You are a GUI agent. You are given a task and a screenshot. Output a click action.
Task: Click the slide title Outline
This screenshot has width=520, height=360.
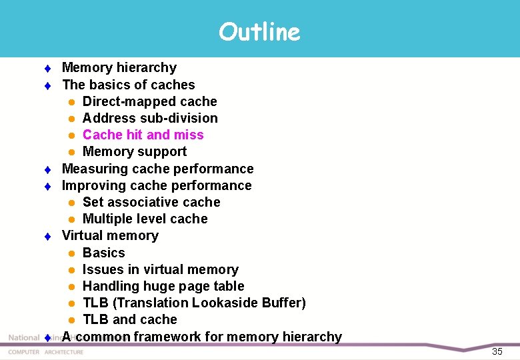click(259, 31)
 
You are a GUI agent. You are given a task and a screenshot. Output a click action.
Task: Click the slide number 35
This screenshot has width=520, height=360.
click(497, 351)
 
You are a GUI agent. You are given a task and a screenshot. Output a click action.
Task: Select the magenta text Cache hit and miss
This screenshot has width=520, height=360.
click(143, 135)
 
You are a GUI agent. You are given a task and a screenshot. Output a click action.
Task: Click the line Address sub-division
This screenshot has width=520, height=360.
click(149, 118)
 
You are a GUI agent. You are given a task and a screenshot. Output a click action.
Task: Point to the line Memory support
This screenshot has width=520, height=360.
click(134, 151)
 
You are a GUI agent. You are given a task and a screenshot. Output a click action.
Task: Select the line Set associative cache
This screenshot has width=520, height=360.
click(151, 202)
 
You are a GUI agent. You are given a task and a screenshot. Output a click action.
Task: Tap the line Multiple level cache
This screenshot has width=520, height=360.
click(145, 219)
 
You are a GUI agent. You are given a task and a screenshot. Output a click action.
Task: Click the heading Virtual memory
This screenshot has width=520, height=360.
click(110, 235)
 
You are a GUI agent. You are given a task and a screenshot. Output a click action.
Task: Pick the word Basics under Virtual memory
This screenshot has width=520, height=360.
click(103, 253)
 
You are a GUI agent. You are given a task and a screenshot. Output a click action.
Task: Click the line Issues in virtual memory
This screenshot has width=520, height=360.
click(160, 269)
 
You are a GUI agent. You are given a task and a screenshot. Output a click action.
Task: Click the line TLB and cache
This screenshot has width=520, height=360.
click(129, 319)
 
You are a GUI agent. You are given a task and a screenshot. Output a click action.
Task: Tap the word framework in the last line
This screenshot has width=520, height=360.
click(167, 337)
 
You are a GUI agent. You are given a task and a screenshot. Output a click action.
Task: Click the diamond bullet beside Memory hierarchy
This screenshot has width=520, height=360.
click(48, 68)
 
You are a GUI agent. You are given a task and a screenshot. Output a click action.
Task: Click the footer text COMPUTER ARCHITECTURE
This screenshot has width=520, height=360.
click(46, 352)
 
